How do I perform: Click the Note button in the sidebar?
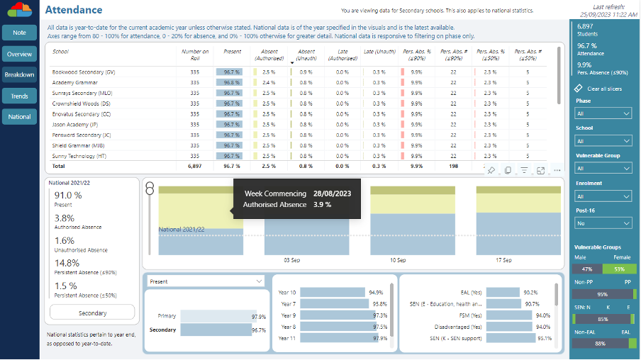coord(19,33)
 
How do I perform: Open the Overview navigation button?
coord(19,54)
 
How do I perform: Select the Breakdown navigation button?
coord(19,74)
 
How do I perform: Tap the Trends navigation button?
coord(19,96)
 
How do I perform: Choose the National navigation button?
coord(19,116)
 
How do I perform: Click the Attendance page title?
coord(74,10)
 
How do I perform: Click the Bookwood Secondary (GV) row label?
coord(83,72)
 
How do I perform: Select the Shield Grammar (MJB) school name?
coord(79,145)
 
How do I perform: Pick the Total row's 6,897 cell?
coord(195,166)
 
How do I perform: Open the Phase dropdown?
coord(603,113)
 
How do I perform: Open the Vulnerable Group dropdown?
coord(603,168)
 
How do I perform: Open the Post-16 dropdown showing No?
coord(603,223)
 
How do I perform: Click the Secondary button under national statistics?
coord(92,313)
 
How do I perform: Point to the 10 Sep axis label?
coord(397,260)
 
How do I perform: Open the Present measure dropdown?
coord(205,281)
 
